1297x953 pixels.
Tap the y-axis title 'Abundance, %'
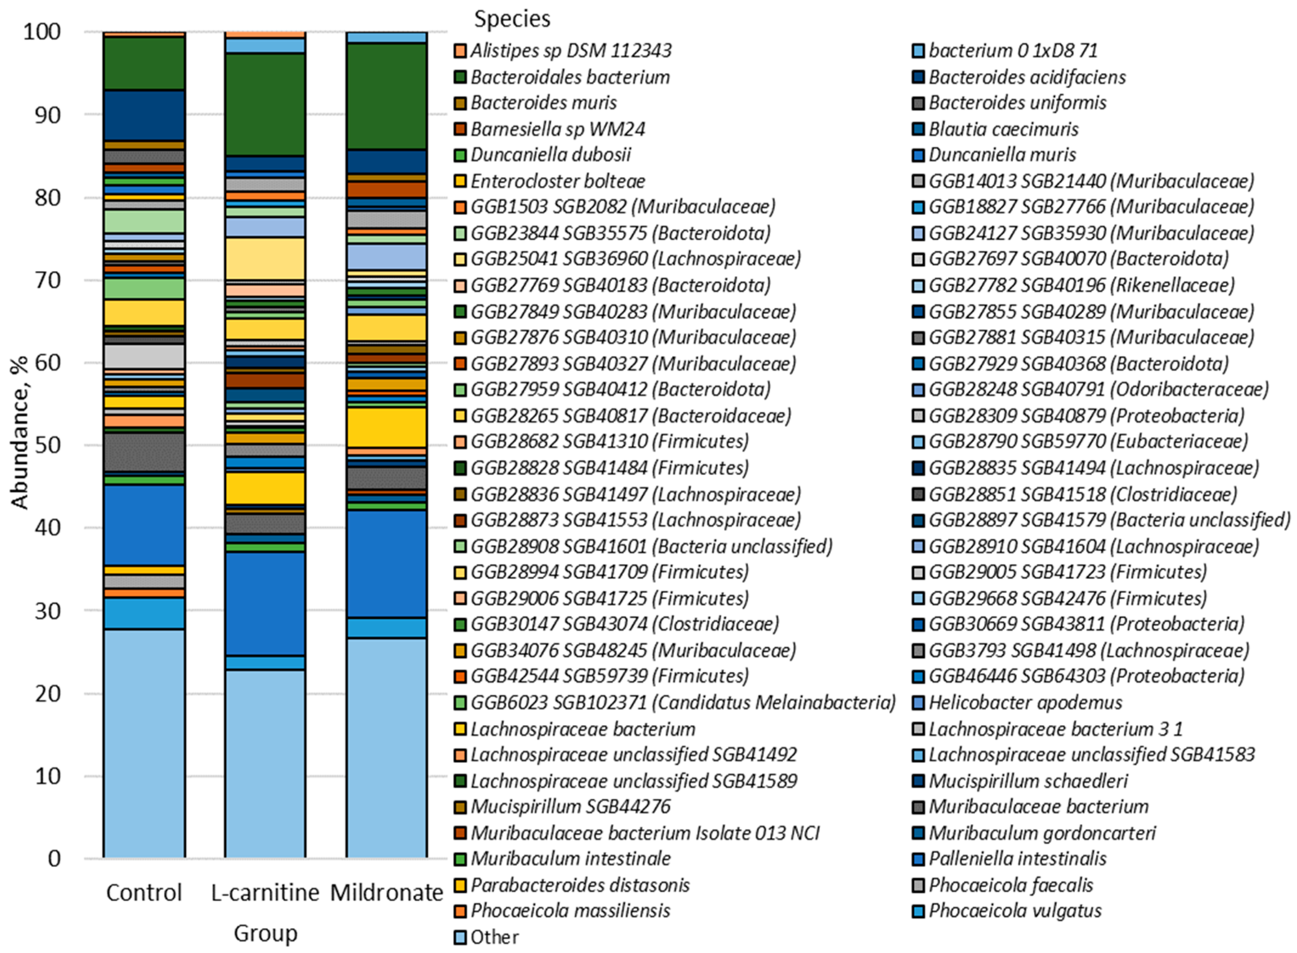[20, 433]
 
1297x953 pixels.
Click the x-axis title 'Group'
[265, 933]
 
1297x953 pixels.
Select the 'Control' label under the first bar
[144, 893]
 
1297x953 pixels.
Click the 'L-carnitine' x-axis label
[265, 893]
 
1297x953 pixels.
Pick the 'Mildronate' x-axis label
[386, 893]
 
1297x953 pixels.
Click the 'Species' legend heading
[512, 19]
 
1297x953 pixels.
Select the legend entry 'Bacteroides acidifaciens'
[1027, 77]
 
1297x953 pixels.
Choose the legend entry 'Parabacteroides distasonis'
[579, 885]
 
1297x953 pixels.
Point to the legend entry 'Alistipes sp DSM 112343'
[571, 51]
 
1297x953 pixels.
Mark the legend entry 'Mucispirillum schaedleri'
[1028, 781]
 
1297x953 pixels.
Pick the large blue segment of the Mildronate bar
[386, 564]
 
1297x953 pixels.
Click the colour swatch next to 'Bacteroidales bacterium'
[460, 77]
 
